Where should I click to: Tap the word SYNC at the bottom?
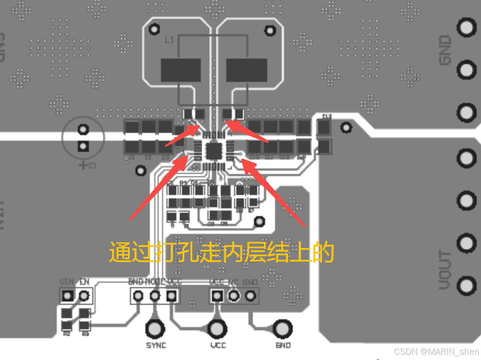click(156, 345)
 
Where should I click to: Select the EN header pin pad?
click(84, 296)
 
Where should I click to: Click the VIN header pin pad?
click(68, 296)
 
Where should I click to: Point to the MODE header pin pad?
click(155, 296)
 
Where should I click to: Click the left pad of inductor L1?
click(181, 70)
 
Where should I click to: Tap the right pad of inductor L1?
click(246, 70)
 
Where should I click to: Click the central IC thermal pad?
click(213, 150)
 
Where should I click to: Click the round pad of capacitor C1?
click(83, 129)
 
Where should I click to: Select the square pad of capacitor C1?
click(83, 146)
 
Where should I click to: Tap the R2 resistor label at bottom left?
click(66, 334)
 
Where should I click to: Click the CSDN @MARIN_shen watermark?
click(436, 352)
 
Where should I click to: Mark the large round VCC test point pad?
click(217, 328)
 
